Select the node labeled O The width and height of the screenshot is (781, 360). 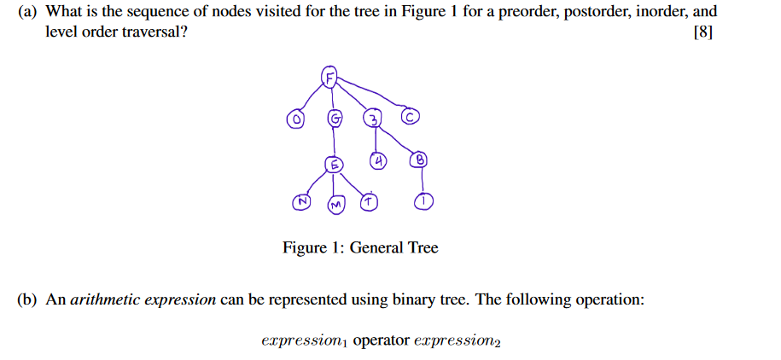295,121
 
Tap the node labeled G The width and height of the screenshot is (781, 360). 335,119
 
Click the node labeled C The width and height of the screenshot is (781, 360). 411,117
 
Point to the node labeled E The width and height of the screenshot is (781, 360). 335,165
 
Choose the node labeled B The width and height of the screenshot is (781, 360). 419,159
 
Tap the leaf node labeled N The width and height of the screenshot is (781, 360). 300,201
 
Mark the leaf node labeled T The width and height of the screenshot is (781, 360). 368,201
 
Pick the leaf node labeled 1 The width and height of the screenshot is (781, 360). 423,201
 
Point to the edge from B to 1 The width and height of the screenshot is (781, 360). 422,180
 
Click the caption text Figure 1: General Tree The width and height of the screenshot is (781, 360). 360,248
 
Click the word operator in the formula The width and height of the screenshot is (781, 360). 381,341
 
